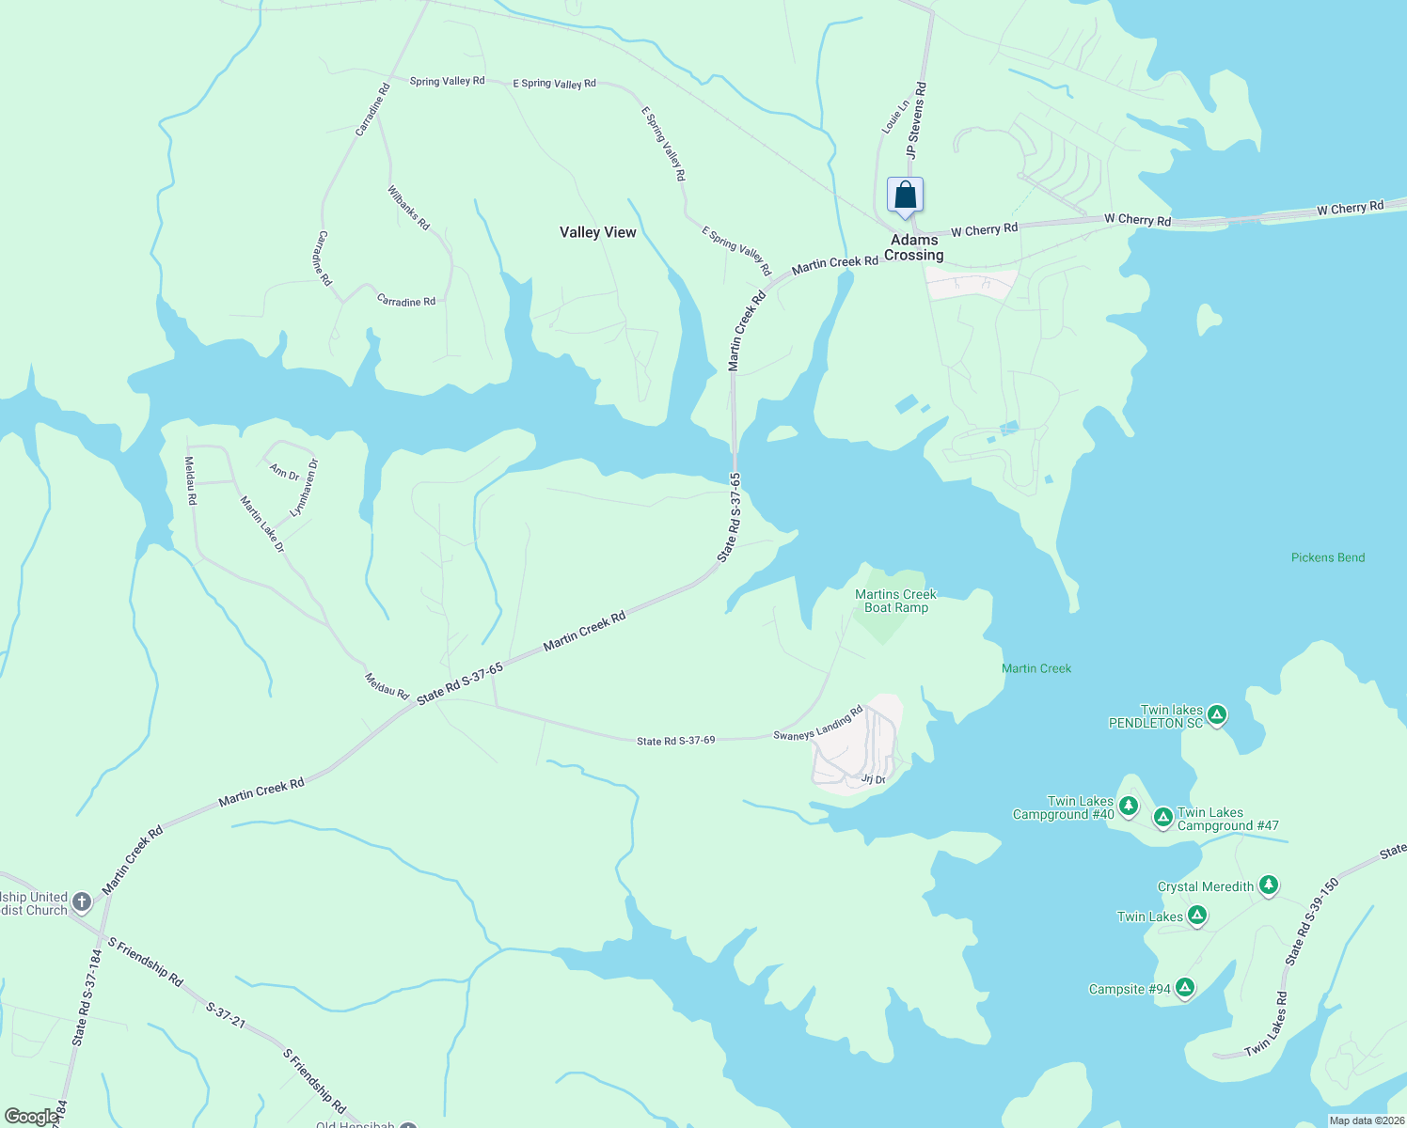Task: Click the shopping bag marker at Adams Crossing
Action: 905,196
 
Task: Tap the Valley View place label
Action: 597,232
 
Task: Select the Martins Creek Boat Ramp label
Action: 895,601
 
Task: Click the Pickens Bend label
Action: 1327,557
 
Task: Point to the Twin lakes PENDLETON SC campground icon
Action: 1216,715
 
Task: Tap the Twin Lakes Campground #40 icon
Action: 1129,806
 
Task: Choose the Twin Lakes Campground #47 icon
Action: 1162,817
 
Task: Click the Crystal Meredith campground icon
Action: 1268,885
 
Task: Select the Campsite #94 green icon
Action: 1184,987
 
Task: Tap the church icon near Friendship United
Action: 82,902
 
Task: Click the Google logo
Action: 30,1117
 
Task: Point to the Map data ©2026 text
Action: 1366,1120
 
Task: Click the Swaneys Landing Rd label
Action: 817,724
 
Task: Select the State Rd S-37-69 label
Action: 675,741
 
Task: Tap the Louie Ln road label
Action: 894,117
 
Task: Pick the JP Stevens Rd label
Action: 916,119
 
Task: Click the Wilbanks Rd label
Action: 408,208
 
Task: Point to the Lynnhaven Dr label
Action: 304,488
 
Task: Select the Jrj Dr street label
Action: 873,779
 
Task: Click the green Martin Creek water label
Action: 1035,668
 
